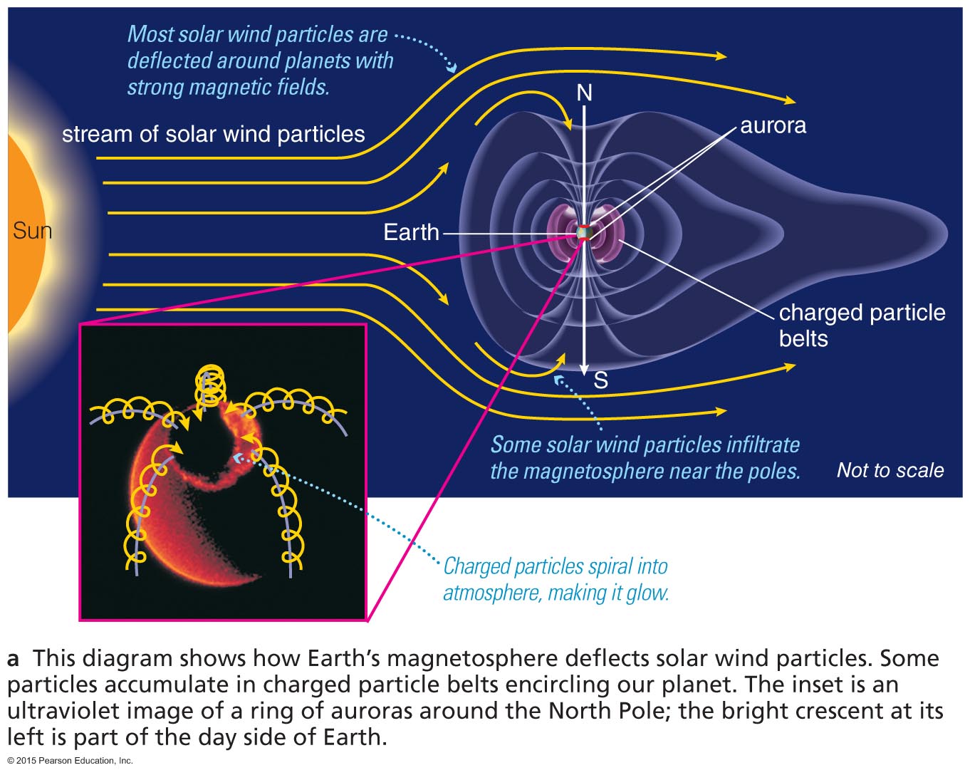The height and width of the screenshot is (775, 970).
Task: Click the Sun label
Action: [32, 231]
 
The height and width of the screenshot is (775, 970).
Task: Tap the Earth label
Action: [411, 232]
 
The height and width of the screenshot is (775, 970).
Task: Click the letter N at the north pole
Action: [584, 93]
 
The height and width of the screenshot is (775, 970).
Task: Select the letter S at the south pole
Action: [600, 381]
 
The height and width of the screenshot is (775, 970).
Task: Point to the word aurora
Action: [773, 125]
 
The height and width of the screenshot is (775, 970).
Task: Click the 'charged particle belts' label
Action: [862, 325]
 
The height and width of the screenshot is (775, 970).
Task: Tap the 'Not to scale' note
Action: [890, 470]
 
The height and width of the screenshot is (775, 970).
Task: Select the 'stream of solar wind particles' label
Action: [213, 134]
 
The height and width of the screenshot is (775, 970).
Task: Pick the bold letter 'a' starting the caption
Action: [14, 658]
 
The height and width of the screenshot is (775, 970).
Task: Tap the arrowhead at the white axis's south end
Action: [584, 368]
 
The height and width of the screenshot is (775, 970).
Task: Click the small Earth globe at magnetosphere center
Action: [585, 232]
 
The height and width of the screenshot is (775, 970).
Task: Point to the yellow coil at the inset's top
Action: [210, 385]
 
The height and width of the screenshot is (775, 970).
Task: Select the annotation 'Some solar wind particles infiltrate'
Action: [645, 444]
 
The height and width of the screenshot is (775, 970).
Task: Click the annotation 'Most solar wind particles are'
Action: [257, 34]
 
